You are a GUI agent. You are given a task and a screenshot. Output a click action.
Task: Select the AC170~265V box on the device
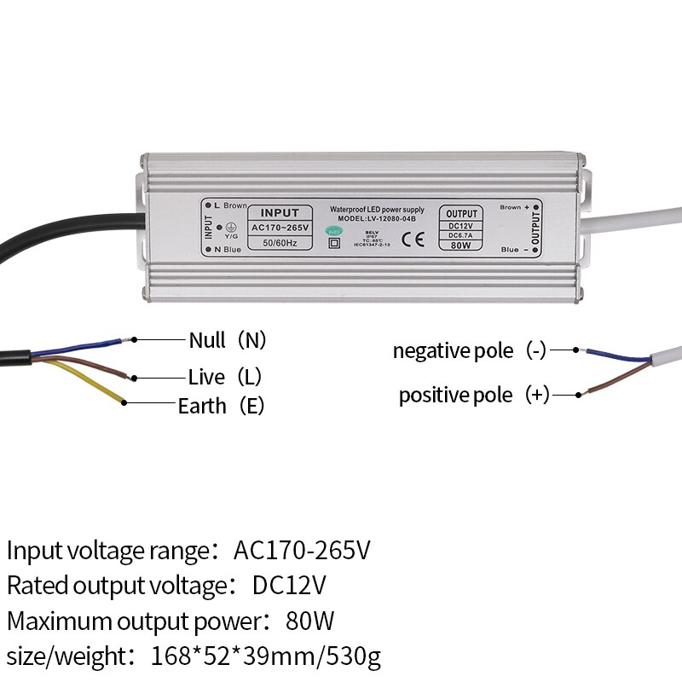(279, 228)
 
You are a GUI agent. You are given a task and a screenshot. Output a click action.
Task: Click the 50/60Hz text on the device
(279, 244)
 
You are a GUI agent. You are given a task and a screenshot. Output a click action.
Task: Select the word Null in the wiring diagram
(207, 340)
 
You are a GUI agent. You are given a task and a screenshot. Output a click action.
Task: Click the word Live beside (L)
(206, 377)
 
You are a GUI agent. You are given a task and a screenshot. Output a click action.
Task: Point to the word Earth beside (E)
(202, 406)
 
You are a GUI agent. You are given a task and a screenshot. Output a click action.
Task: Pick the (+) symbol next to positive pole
(537, 395)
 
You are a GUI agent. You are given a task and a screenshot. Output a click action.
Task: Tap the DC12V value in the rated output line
(290, 585)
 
